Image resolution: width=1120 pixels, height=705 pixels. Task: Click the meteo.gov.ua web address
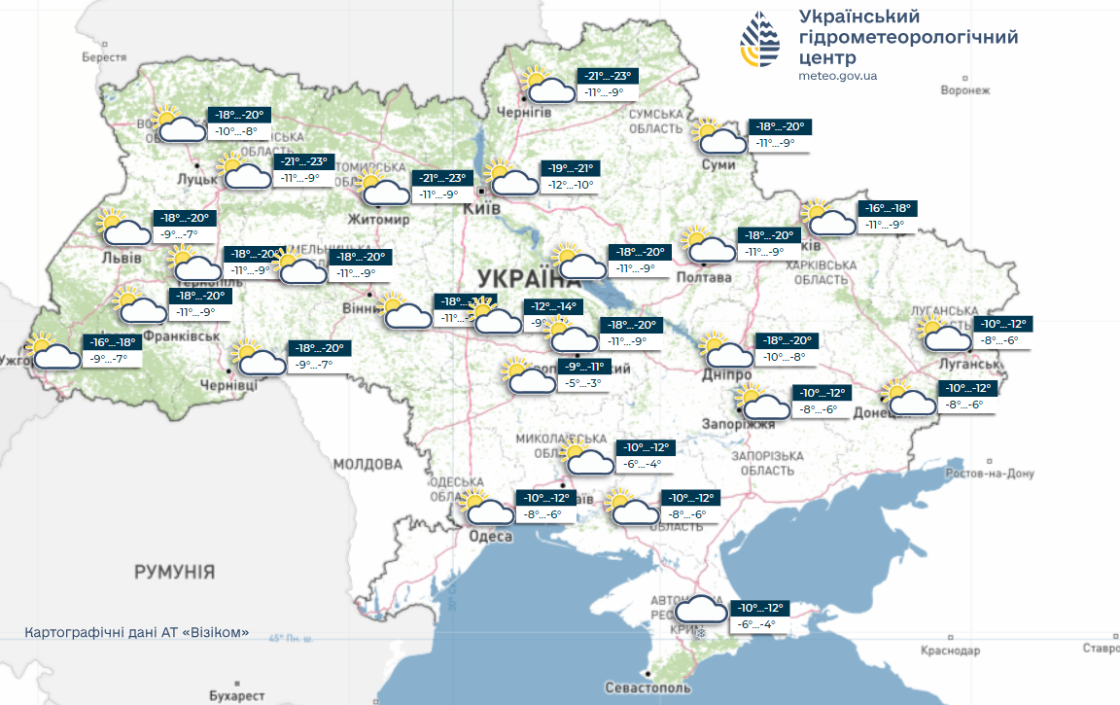tap(837, 75)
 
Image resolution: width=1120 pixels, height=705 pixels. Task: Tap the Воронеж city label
tap(964, 90)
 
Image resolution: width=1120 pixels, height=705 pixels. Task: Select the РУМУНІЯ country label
tap(174, 571)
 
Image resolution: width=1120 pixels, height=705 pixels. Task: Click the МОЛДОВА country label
tap(367, 464)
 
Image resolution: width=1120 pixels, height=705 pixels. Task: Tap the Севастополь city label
tap(647, 687)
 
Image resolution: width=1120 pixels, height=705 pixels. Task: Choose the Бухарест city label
tap(236, 695)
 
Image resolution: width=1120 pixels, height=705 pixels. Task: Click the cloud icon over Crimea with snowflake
tap(701, 612)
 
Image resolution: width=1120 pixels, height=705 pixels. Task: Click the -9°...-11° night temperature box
tap(583, 368)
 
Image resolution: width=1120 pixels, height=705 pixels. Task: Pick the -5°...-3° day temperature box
tap(583, 383)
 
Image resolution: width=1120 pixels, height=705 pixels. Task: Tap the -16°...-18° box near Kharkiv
tap(889, 208)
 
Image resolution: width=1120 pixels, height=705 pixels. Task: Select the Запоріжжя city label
tap(740, 424)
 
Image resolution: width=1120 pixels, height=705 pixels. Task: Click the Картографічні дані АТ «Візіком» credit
tap(137, 632)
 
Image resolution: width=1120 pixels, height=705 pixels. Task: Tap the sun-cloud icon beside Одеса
tap(489, 508)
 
